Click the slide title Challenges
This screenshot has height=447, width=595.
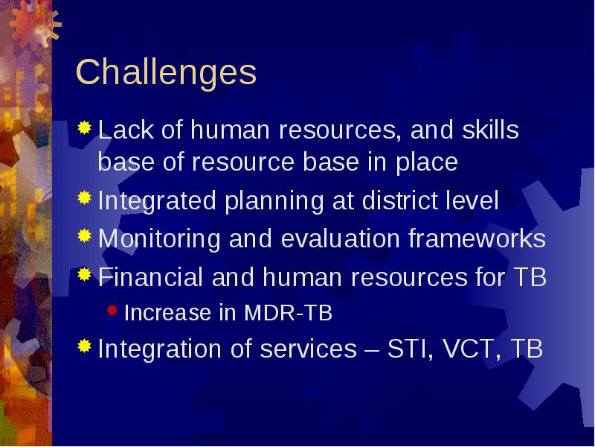pos(166,73)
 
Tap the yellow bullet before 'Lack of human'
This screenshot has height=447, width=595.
pos(85,127)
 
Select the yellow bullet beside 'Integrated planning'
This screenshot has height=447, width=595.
pos(85,197)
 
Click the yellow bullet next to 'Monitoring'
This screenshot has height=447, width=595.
pos(85,235)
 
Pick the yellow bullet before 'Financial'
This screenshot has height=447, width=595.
pos(85,274)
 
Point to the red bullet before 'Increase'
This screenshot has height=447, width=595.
pos(112,311)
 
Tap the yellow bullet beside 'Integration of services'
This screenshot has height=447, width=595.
pos(85,346)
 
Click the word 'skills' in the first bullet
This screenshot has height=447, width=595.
pos(490,130)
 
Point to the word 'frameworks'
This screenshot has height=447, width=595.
pos(477,238)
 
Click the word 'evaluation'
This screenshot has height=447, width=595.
pos(341,238)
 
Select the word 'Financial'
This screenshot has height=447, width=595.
pos(151,276)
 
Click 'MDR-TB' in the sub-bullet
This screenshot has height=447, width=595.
pos(289,313)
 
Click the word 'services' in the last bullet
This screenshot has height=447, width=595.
pos(309,349)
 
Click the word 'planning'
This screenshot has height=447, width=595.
pos(274,201)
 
